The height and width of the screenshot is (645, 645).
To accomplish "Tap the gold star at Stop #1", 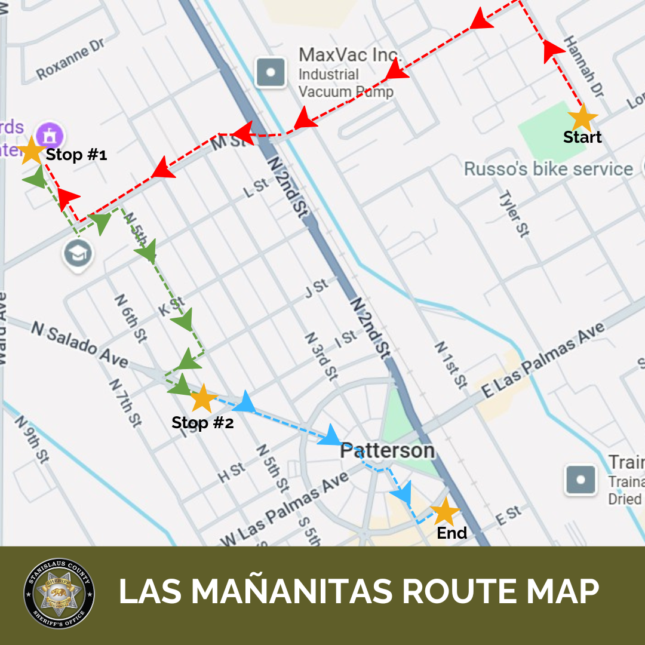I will pyautogui.click(x=30, y=150).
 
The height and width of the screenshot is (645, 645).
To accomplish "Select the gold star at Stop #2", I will pyautogui.click(x=202, y=398).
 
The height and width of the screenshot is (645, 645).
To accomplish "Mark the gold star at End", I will pyautogui.click(x=445, y=512).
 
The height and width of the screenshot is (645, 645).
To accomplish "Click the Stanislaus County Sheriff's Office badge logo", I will pyautogui.click(x=59, y=593).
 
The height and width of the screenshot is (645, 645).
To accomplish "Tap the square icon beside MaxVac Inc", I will pyautogui.click(x=271, y=72).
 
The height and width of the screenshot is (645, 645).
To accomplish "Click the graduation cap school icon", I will pyautogui.click(x=79, y=254).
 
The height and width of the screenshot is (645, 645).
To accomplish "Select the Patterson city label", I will pyautogui.click(x=387, y=451).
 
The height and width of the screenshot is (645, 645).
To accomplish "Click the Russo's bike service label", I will pyautogui.click(x=548, y=169).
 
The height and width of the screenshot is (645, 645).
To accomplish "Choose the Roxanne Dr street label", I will pyautogui.click(x=70, y=60).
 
